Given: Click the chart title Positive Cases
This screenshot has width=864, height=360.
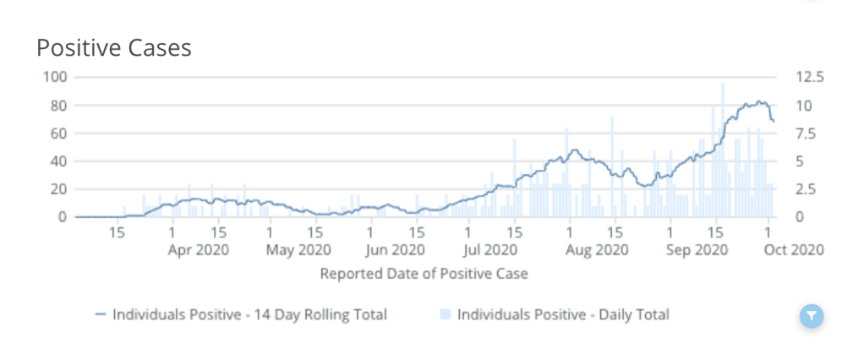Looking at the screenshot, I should (114, 48).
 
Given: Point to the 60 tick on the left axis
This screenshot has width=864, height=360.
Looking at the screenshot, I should (58, 133).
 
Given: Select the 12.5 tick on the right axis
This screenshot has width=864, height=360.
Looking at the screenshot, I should (809, 77).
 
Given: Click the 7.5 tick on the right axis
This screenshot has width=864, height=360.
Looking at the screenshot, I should (806, 133).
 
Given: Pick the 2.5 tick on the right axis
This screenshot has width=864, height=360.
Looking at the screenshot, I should (806, 189).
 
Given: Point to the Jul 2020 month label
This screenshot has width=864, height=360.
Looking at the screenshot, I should (490, 250).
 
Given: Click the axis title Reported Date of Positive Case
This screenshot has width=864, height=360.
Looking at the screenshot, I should (424, 274).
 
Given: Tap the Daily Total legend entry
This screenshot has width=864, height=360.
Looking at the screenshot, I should (563, 314).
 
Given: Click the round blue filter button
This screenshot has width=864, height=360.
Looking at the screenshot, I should (811, 316).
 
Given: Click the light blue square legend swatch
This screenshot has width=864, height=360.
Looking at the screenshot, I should (445, 314).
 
